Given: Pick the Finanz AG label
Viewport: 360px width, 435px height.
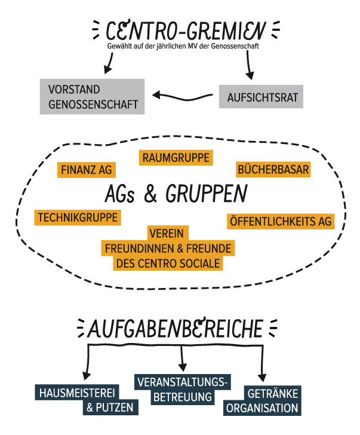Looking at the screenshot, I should pyautogui.click(x=87, y=170).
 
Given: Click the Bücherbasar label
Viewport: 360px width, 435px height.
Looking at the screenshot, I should pyautogui.click(x=273, y=170).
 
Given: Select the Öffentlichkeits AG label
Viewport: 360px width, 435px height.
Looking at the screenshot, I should pyautogui.click(x=280, y=221).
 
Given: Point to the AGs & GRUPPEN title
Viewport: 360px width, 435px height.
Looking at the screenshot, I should pyautogui.click(x=175, y=194).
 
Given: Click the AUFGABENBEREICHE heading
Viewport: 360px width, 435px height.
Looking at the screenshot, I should pyautogui.click(x=177, y=329).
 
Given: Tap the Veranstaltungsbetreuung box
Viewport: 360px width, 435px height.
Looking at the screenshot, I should pyautogui.click(x=183, y=389).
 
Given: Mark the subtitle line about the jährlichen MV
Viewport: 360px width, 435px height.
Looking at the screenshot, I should pyautogui.click(x=183, y=45).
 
